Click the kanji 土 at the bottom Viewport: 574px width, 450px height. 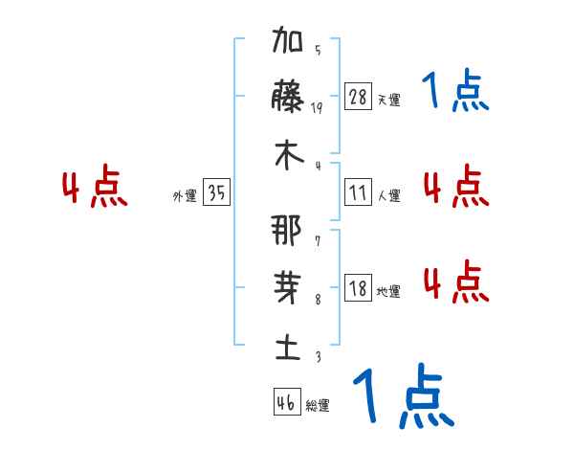point(287,348)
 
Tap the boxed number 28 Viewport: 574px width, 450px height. point(358,96)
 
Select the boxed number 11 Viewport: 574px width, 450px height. point(358,192)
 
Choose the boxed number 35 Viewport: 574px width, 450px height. point(216,193)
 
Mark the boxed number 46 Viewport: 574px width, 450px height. point(286,402)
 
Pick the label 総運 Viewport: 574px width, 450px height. point(318,406)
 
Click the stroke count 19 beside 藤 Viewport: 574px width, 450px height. point(317,108)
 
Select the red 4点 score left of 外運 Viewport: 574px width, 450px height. point(95,190)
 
